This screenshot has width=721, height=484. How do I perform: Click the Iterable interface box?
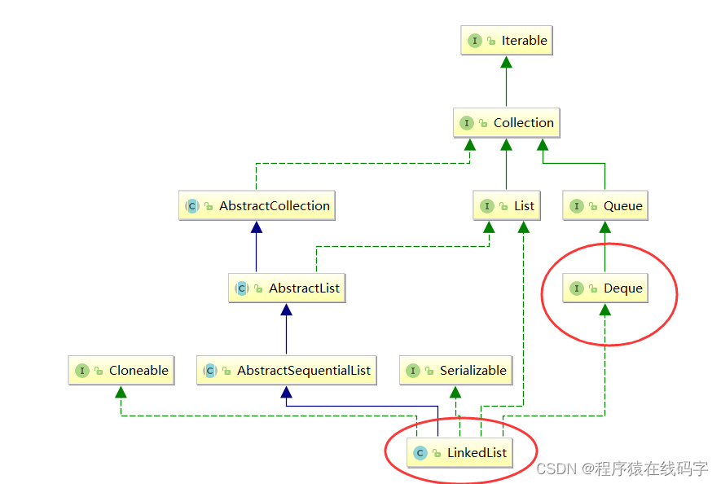[x=506, y=41]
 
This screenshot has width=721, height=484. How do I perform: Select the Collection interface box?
[x=506, y=123]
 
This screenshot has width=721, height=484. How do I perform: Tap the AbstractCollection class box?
[x=257, y=206]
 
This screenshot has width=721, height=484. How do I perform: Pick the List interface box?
[x=506, y=206]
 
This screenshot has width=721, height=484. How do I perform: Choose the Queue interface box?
[x=605, y=206]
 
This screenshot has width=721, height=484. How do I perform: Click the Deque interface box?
[x=605, y=288]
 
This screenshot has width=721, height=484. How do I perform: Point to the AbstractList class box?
[x=286, y=288]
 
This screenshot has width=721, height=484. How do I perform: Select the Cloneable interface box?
[x=121, y=371]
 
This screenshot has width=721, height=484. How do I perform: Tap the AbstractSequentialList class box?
[x=286, y=371]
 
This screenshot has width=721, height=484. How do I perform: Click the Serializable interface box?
[x=457, y=371]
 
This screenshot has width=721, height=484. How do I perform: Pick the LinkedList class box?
[x=460, y=453]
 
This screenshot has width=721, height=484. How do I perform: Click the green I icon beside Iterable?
[x=474, y=41]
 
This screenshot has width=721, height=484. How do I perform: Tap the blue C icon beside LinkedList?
[x=420, y=453]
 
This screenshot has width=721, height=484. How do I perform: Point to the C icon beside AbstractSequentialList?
[x=210, y=371]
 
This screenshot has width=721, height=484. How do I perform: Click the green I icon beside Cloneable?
[x=81, y=371]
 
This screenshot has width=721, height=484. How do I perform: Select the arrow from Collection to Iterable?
[x=506, y=81]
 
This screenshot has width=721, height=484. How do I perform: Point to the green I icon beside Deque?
[x=577, y=288]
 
